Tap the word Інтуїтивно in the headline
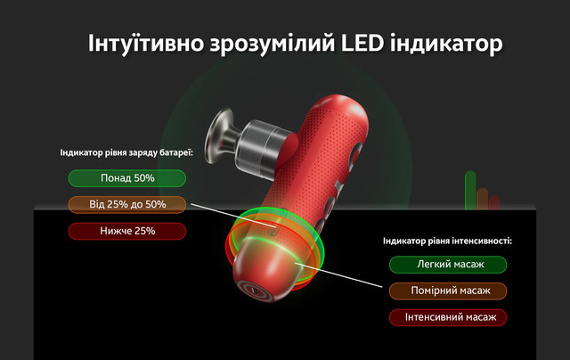[146, 44]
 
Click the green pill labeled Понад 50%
[127, 178]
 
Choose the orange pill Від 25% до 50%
[127, 204]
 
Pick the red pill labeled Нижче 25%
[127, 231]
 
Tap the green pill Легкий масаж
[448, 265]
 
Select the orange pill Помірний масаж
[448, 290]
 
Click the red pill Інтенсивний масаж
[448, 317]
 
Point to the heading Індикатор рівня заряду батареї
[126, 152]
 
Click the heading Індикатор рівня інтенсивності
[447, 241]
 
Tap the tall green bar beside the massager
[470, 190]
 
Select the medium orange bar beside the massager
[483, 199]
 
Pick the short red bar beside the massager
[494, 202]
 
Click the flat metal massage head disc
[217, 135]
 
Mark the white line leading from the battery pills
[233, 216]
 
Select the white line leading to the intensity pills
[338, 275]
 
